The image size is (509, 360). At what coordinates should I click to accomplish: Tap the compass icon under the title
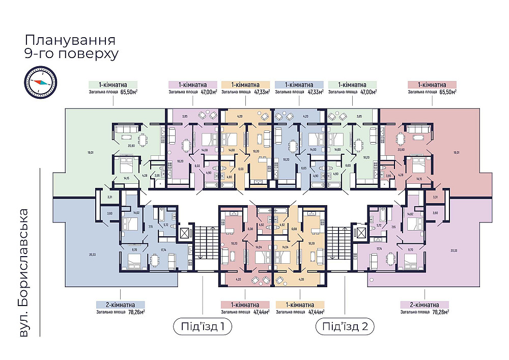(40, 81)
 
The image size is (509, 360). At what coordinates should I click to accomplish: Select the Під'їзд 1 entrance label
(202, 326)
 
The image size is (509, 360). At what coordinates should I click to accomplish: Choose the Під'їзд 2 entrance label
(345, 326)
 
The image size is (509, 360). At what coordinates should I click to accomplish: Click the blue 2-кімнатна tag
(120, 304)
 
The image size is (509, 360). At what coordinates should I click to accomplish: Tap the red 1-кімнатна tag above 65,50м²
(432, 85)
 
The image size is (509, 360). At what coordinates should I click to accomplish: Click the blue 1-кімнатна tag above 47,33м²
(299, 85)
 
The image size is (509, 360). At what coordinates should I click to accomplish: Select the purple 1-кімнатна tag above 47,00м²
(192, 85)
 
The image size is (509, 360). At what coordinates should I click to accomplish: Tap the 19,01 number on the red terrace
(457, 152)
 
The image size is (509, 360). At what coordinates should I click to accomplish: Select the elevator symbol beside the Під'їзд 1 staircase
(185, 234)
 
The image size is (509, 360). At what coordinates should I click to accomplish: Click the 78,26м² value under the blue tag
(136, 312)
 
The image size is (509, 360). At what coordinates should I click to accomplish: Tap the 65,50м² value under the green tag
(129, 92)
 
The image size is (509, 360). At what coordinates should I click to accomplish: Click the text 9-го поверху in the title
(71, 54)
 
